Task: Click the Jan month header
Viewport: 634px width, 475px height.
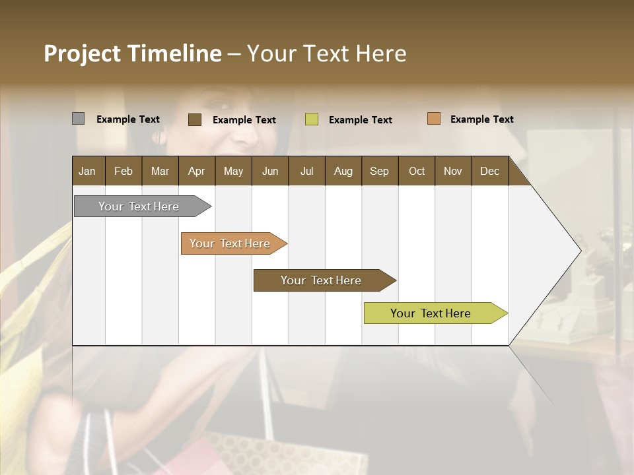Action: (87, 171)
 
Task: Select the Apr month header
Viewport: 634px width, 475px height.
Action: (196, 171)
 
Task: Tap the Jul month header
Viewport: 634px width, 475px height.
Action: (306, 171)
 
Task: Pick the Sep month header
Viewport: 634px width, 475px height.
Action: (379, 171)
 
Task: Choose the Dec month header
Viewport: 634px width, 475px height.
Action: (489, 171)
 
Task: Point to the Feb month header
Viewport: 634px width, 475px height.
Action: (123, 171)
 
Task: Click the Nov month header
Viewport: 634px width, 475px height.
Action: (452, 171)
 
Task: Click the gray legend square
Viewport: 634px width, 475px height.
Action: (78, 119)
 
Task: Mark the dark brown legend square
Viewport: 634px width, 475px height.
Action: (194, 119)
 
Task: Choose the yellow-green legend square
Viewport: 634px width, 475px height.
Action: (311, 119)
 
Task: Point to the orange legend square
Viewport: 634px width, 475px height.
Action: (433, 119)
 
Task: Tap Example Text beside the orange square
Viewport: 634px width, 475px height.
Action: (481, 119)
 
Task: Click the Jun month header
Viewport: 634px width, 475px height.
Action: (270, 171)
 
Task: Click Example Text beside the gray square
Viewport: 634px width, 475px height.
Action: (128, 119)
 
